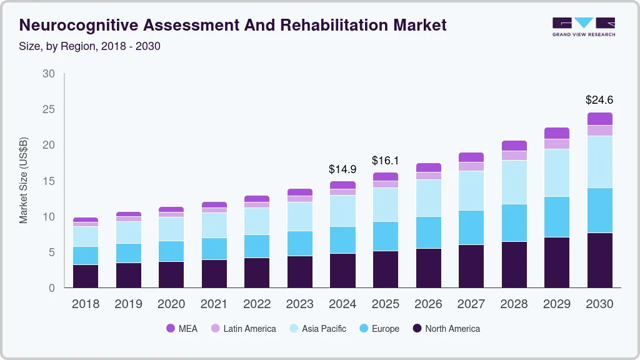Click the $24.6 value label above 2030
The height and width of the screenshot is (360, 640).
pos(599,99)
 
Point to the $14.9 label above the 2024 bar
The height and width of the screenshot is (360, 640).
pos(342,169)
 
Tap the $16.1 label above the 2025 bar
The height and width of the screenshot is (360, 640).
pos(386,160)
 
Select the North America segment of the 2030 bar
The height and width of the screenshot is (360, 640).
pos(599,260)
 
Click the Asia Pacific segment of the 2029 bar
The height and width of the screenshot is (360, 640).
pos(557,172)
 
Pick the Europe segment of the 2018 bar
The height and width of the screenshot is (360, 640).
pos(86,256)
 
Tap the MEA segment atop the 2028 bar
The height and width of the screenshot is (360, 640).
pos(514,146)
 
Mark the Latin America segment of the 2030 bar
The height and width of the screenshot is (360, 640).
pos(599,130)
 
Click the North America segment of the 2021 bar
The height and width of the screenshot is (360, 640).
pos(214,274)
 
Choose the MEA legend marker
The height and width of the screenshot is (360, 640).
pos(171,328)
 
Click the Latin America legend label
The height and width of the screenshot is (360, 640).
pos(249,328)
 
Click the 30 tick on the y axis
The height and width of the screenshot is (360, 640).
pos(49,74)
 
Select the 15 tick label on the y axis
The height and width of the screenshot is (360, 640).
pos(49,181)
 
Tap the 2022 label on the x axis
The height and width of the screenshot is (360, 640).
pos(257,304)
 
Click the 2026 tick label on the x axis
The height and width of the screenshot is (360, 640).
pos(428,304)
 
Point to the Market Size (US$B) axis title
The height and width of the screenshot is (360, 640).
pos(24,181)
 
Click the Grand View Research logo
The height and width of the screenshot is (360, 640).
pos(583,26)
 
